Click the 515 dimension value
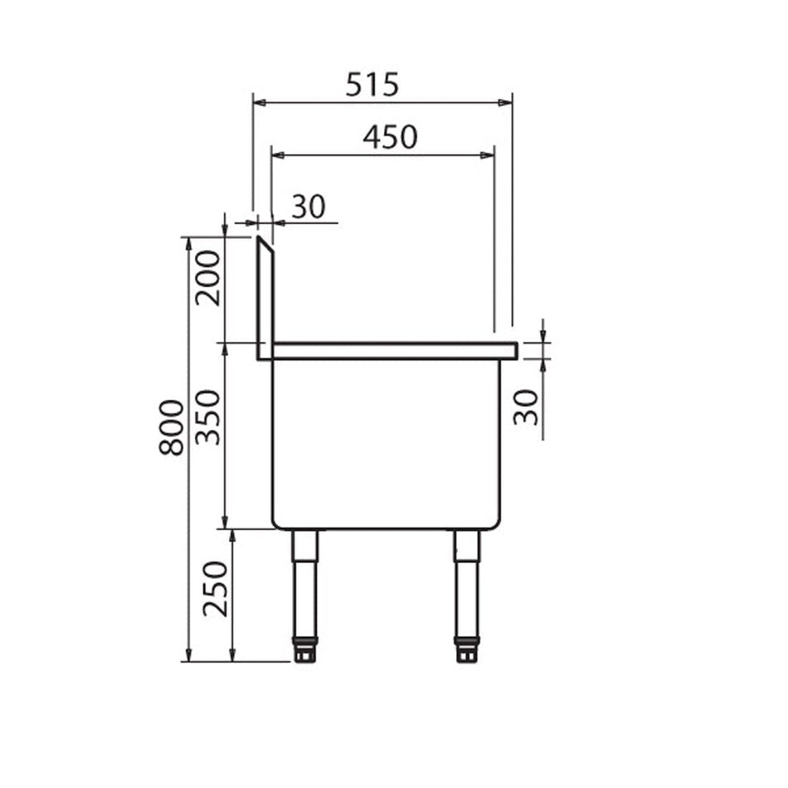[372, 84]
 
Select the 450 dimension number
[390, 137]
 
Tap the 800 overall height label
[172, 427]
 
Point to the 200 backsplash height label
[209, 277]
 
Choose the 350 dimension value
[209, 416]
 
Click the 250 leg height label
[215, 588]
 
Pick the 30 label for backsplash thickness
[308, 207]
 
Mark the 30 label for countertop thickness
[526, 406]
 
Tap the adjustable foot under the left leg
[305, 650]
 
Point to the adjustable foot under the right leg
[467, 650]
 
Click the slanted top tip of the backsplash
[261, 241]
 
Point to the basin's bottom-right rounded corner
[495, 523]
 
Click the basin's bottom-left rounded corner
[278, 523]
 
